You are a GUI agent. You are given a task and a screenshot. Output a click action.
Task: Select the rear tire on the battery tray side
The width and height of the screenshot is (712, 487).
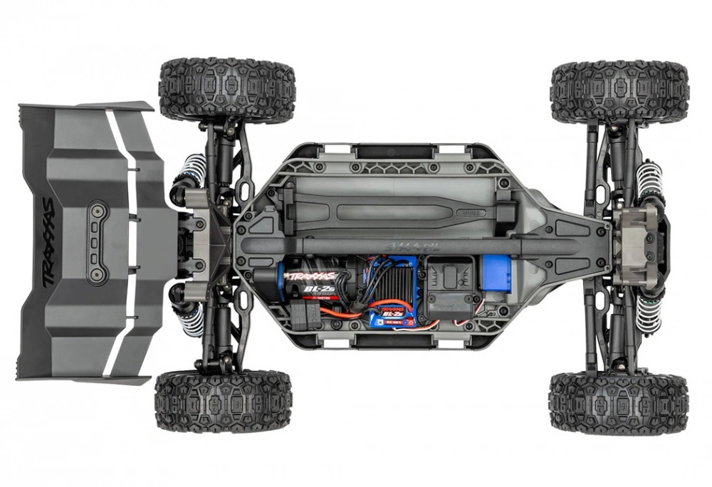click(227, 90)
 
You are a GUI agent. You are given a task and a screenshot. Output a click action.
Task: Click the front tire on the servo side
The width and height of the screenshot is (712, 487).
click(618, 402)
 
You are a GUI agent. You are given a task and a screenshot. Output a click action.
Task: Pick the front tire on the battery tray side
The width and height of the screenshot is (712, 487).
click(619, 91)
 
